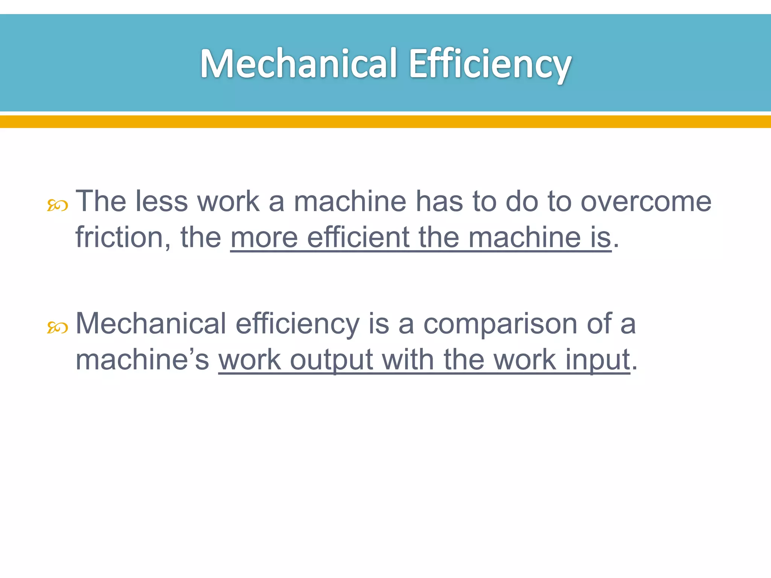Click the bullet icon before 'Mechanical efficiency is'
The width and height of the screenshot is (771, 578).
click(x=57, y=328)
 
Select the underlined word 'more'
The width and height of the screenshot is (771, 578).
click(x=264, y=237)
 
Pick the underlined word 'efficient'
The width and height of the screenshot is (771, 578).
click(x=358, y=237)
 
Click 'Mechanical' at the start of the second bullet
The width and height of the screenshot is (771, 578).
click(x=151, y=324)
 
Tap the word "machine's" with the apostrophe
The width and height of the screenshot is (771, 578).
click(x=142, y=360)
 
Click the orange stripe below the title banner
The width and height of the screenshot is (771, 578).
click(x=385, y=122)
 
